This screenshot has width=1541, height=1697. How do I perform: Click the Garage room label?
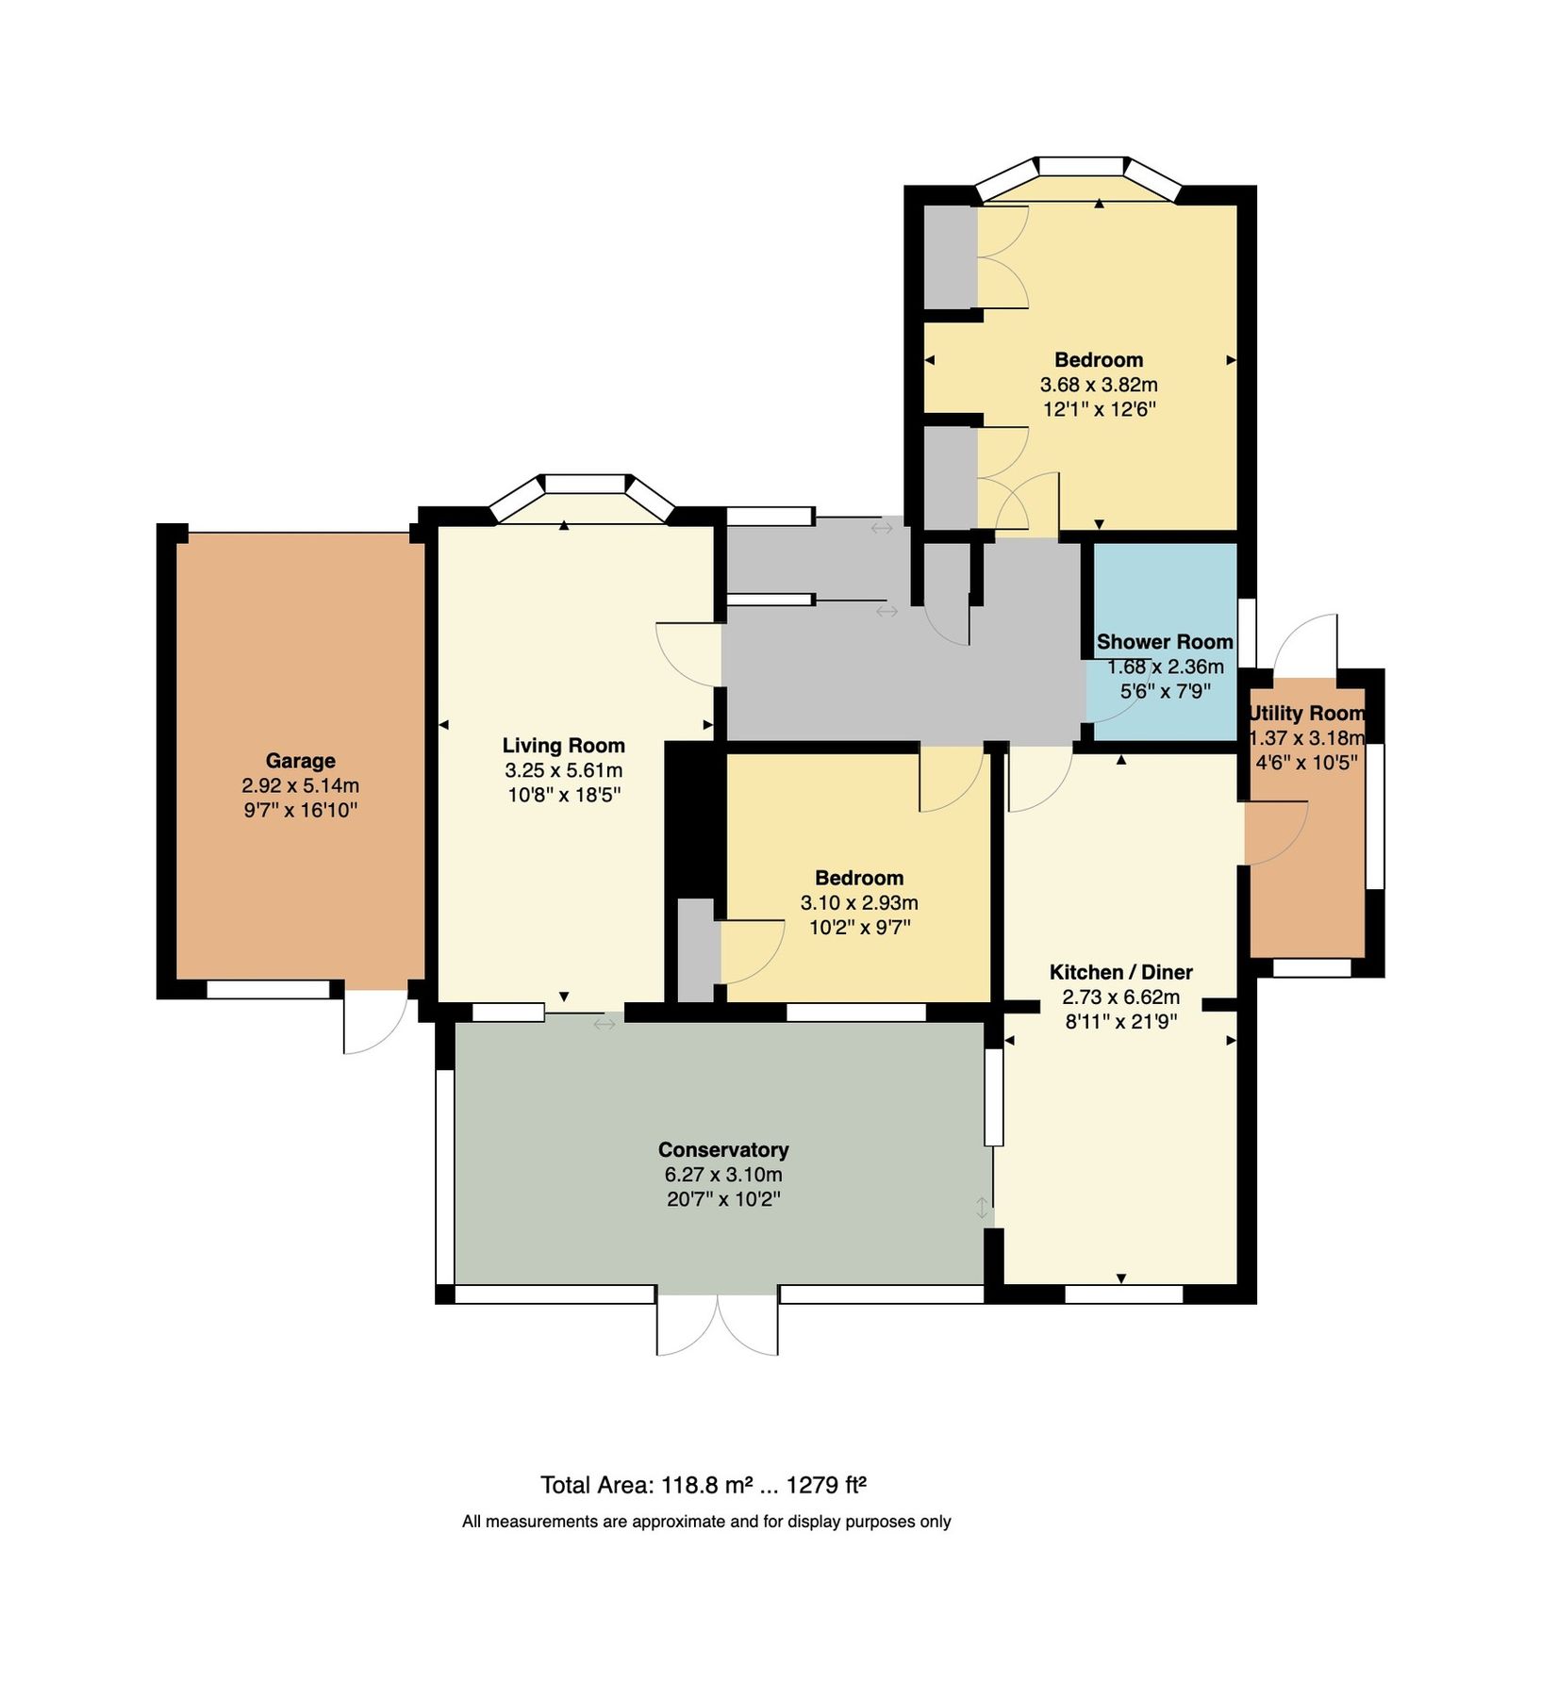coord(300,760)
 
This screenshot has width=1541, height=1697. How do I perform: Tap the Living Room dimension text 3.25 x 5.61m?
coord(563,770)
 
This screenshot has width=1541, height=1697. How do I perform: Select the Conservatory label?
coord(722,1149)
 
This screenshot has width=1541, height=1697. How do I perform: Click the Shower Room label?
coord(1164,642)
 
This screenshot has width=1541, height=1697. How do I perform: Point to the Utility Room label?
coord(1306,714)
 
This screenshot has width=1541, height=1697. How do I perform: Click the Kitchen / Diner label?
coord(1120,972)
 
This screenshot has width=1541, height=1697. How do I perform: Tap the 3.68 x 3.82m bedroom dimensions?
coord(1098,385)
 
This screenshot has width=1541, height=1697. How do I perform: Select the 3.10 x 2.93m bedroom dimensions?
coord(858,902)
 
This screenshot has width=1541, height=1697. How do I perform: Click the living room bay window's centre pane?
coord(586,484)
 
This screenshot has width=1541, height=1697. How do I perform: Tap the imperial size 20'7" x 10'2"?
coord(722,1199)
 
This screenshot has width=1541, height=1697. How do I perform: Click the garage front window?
coord(268,989)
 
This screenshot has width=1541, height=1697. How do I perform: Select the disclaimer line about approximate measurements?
coord(705,1522)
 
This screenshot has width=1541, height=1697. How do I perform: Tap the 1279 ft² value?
coord(826,1486)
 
